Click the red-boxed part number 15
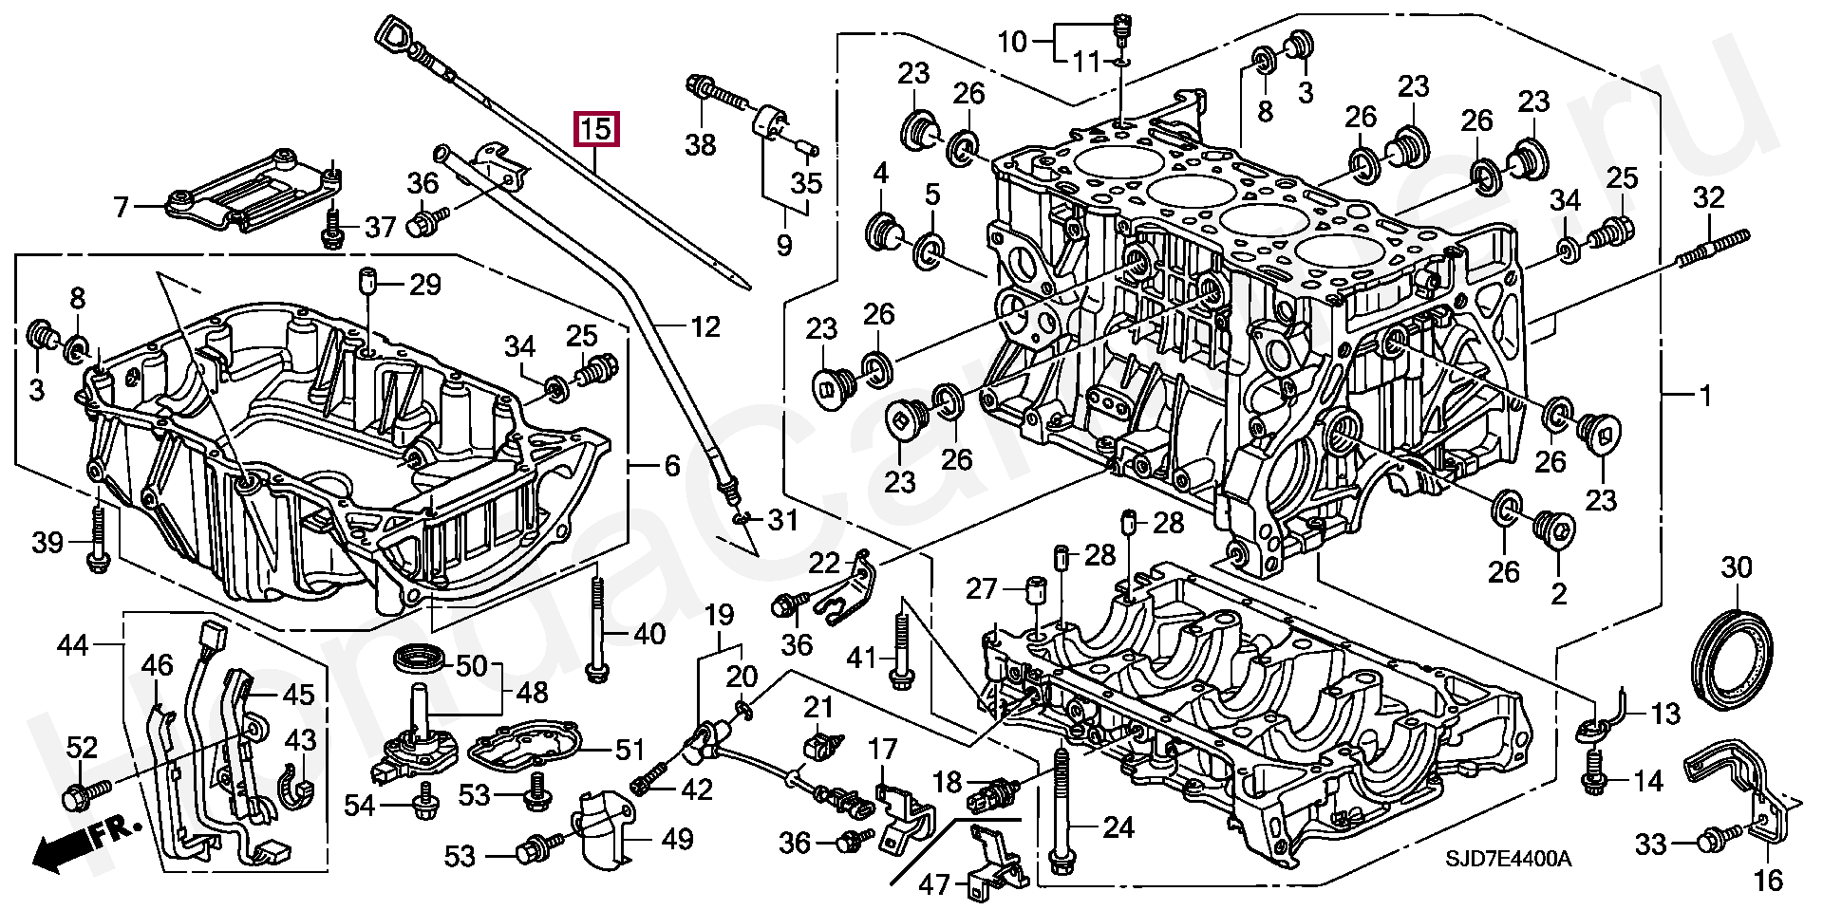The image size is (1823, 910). (596, 128)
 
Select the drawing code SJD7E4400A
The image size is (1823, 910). (1508, 859)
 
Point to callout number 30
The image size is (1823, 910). (1736, 567)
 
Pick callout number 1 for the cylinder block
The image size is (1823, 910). (1705, 394)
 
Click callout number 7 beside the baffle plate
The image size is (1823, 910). (121, 206)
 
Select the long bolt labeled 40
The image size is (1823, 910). (595, 630)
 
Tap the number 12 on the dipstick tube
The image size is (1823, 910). (705, 326)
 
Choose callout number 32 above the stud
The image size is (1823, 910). (1708, 198)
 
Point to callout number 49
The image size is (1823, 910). (677, 839)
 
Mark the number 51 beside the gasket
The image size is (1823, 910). (630, 751)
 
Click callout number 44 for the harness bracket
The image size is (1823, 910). (73, 646)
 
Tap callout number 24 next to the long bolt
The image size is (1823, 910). (1118, 828)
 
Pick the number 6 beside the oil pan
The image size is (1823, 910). (672, 466)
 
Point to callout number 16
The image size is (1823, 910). (1768, 880)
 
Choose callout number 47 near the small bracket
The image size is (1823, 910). (934, 884)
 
